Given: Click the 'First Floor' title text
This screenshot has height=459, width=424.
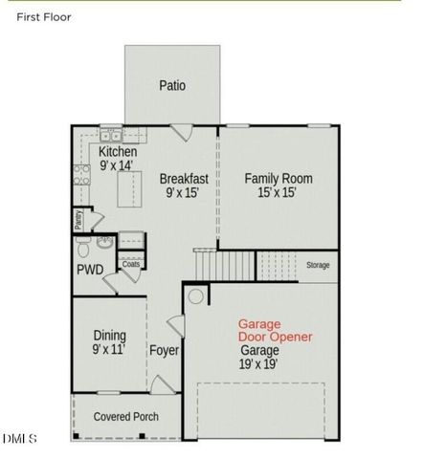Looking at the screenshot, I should pos(43,16).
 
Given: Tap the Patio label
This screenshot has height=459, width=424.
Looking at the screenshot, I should pos(172,85).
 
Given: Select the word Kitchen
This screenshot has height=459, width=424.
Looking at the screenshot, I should pos(118,152).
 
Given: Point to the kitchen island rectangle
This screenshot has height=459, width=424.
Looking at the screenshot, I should pos(123,192).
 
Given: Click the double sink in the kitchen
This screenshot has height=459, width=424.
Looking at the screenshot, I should pos(111,136).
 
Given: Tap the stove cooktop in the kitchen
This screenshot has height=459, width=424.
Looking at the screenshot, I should pos(81,175).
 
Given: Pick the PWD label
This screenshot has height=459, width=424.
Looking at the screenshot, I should pos(90,270).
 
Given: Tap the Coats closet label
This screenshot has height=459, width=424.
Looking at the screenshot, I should pos(118,264).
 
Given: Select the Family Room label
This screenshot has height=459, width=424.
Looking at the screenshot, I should pos(278,178).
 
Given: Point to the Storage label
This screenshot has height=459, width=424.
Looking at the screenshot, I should pos(318,265).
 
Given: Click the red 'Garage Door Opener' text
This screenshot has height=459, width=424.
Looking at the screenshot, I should pos(275,331).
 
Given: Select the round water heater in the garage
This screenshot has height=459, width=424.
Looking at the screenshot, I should pos(196,296).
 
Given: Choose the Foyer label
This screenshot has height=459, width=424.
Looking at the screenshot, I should pos(164,350).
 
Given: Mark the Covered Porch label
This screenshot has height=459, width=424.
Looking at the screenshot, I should pos(125,417).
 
